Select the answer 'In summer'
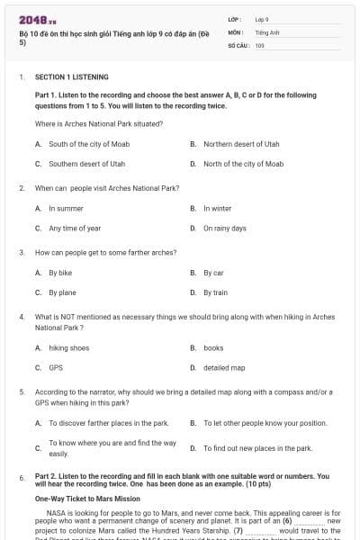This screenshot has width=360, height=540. tap(66, 208)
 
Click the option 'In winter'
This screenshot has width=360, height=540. tap(217, 208)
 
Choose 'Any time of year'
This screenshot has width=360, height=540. tap(75, 229)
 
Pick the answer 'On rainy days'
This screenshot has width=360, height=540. tap(224, 229)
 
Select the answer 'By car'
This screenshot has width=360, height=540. tap(213, 272)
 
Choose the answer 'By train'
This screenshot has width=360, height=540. tap(215, 292)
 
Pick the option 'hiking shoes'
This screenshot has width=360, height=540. tap(69, 347)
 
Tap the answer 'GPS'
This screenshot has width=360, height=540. tap(56, 367)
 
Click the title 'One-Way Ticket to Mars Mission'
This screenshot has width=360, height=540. tap(87, 498)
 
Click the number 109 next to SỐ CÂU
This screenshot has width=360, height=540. tap(260, 45)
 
